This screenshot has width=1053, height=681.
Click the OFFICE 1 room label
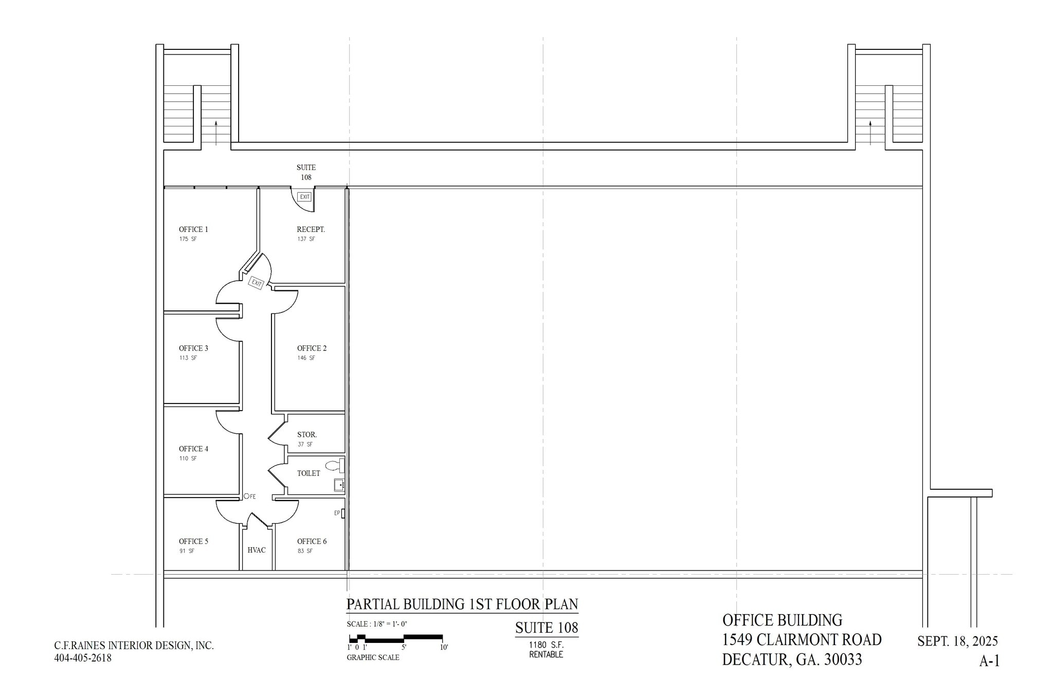coord(193,229)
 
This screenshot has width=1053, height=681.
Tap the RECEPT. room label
coord(311,229)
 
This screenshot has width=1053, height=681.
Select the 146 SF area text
coord(306,358)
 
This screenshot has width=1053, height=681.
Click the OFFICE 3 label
coord(193,348)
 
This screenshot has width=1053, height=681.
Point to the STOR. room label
coord(306,434)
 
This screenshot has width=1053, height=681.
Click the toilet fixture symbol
coord(335,466)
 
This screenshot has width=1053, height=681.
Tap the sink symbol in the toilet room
coord(339,485)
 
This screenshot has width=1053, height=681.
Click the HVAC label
coord(257,550)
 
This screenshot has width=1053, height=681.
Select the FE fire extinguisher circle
coord(246,496)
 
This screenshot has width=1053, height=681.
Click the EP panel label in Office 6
coord(337,513)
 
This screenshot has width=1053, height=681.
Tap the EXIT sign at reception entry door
coord(304,197)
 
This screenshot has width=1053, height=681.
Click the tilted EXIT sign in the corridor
coord(256,283)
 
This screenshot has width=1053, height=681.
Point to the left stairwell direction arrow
coord(216,131)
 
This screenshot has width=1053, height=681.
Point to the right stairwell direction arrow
coord(870,131)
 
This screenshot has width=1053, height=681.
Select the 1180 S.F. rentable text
coord(546,645)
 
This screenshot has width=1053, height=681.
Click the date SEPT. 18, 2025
coord(957,641)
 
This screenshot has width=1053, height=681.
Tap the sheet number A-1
coord(989,661)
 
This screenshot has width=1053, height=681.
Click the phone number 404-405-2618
coord(83,657)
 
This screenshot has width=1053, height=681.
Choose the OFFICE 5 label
coord(193,541)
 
